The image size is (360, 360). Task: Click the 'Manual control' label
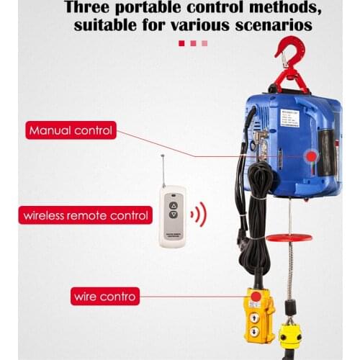[71, 131]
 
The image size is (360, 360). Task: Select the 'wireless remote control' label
[86, 215]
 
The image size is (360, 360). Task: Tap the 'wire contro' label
[104, 295]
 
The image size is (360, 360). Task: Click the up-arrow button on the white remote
[173, 204]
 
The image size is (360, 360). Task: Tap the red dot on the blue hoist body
[310, 156]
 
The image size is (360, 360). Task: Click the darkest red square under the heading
[181, 43]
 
